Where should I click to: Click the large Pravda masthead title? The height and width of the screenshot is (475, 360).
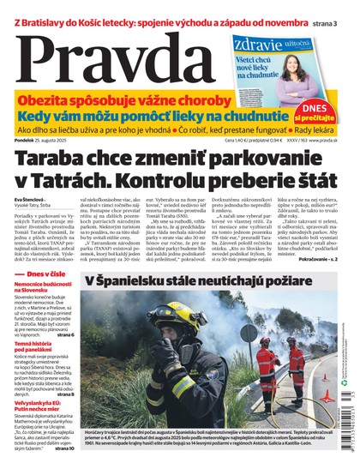[x=111, y=57]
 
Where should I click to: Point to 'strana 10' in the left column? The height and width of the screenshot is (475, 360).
[x=67, y=471]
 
